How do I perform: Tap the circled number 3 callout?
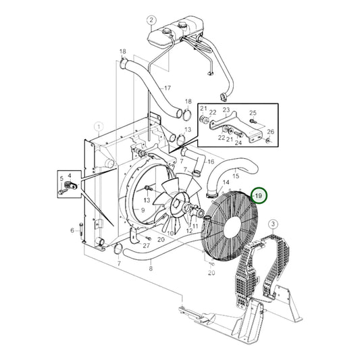point(272,224)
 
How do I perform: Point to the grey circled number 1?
point(99,126)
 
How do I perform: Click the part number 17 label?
point(168,88)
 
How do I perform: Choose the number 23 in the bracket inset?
point(226,109)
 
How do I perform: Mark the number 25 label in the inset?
point(253,113)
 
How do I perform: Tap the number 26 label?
point(272,132)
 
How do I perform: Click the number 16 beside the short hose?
point(210,162)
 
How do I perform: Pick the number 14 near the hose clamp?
point(226,182)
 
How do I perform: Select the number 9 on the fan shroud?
point(143,210)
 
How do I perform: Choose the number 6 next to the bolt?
point(72,230)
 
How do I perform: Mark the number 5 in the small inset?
point(61,179)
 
